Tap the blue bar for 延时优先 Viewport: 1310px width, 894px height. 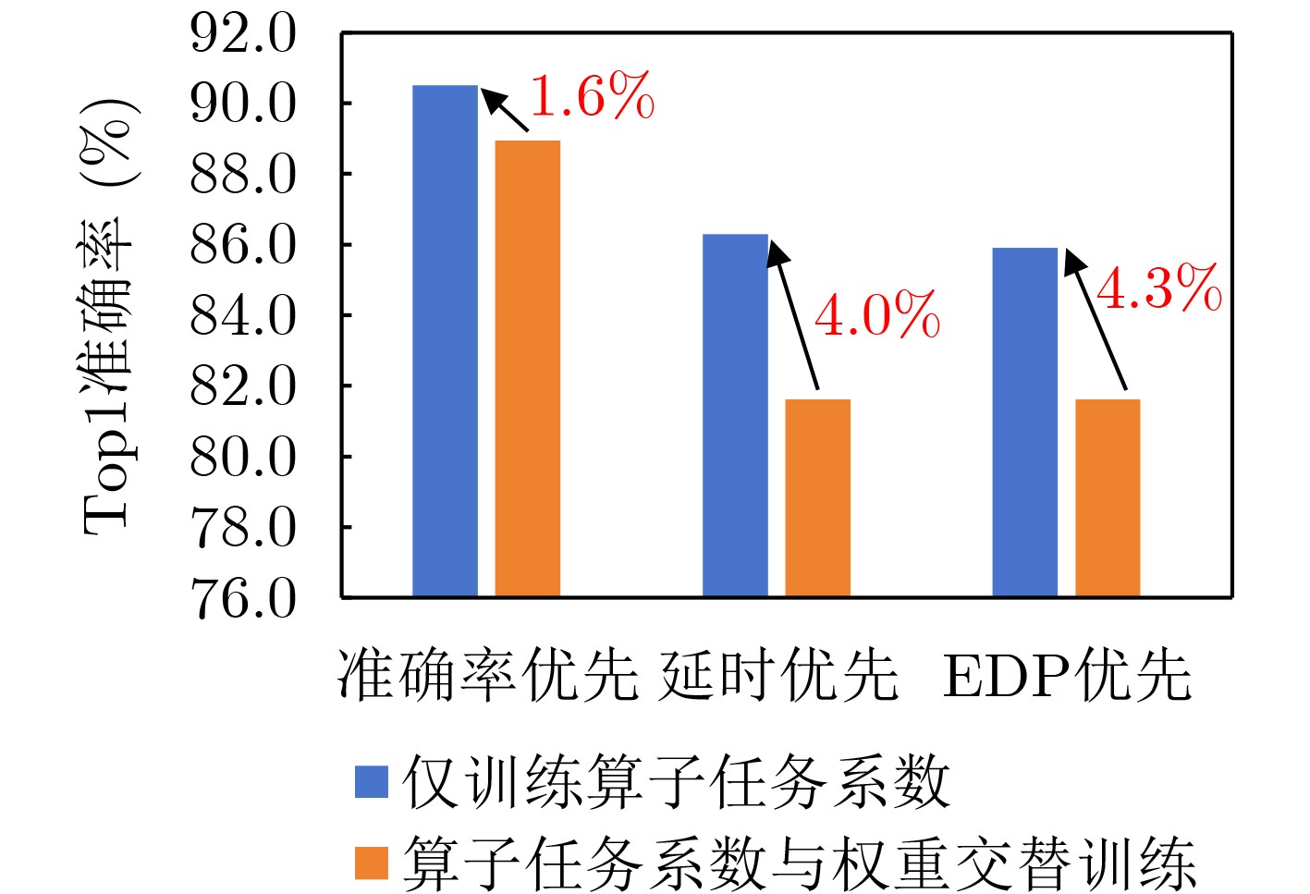pos(735,415)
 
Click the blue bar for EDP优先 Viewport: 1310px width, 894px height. pos(1024,422)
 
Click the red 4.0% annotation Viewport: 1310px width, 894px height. pos(876,314)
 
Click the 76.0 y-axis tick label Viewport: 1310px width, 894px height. pos(243,598)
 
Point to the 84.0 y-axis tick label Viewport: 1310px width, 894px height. pos(243,316)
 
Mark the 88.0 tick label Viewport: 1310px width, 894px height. pos(243,175)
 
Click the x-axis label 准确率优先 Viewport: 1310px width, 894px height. pos(487,674)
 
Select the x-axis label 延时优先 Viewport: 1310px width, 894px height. pos(777,674)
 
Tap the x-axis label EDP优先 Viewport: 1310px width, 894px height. pos(1067,674)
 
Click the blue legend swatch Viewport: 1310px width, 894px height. pos(372,781)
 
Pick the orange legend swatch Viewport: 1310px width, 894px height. pos(372,863)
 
